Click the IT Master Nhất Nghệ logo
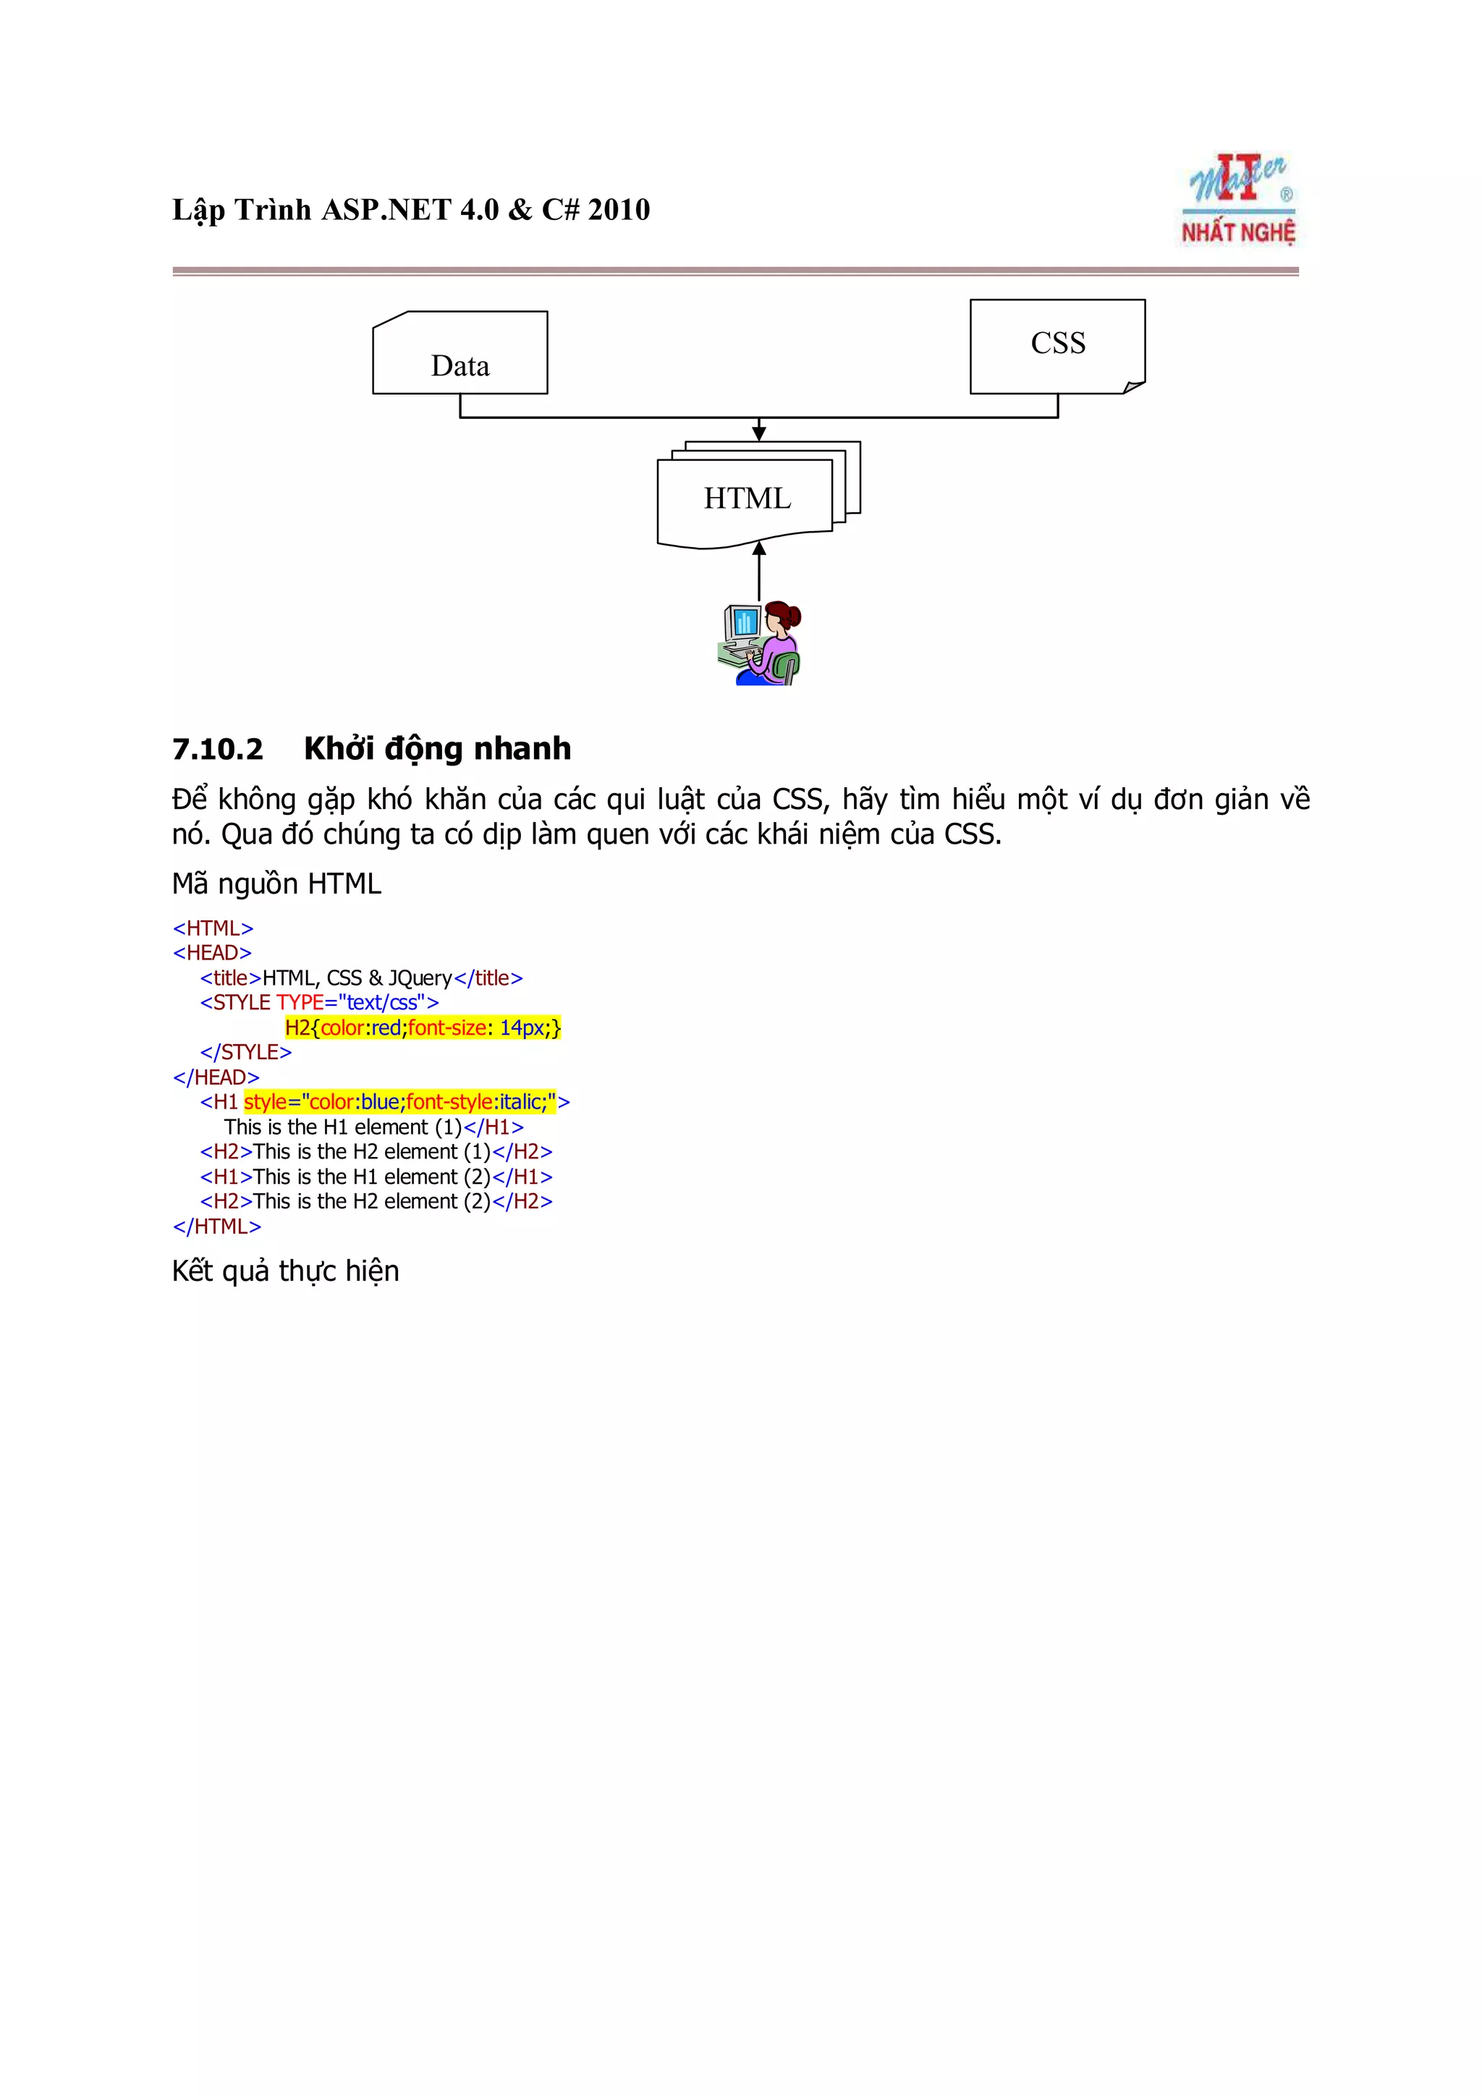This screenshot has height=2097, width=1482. (x=1238, y=199)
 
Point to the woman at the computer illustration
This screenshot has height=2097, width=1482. (x=760, y=643)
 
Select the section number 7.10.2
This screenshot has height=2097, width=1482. (x=217, y=749)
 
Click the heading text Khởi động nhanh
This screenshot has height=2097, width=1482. (x=437, y=748)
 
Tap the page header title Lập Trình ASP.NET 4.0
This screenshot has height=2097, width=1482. (x=411, y=210)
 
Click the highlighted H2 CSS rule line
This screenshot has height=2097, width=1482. (x=423, y=1028)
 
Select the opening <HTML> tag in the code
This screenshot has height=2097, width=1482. (x=213, y=928)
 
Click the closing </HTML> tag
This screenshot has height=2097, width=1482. (x=216, y=1227)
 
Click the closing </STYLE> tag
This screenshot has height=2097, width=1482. (x=245, y=1052)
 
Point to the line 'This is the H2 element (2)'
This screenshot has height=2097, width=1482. (x=376, y=1202)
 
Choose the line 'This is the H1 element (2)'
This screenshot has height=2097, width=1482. (x=376, y=1177)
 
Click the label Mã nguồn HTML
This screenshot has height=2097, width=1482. (x=276, y=884)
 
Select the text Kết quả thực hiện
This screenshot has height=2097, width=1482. (x=286, y=1271)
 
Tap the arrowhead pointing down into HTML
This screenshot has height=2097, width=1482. (x=759, y=433)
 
